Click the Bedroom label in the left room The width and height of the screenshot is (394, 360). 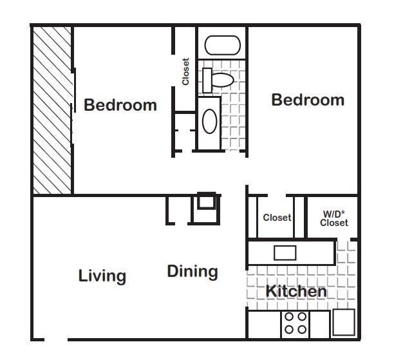click(x=120, y=105)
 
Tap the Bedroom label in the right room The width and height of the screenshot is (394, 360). click(x=308, y=100)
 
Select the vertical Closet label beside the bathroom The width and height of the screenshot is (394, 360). click(x=186, y=72)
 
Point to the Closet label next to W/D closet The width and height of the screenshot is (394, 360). click(x=277, y=218)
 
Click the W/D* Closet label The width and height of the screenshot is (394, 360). click(x=334, y=218)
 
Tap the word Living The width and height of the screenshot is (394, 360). click(x=102, y=276)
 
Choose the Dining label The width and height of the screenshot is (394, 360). click(x=192, y=271)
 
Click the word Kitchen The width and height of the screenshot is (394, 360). click(x=296, y=291)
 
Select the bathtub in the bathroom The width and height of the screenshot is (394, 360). click(x=222, y=46)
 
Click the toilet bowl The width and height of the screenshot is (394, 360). click(x=222, y=81)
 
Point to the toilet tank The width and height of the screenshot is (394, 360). click(x=207, y=80)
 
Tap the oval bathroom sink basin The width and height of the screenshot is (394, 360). click(x=210, y=120)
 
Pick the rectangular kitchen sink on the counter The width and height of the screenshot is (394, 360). click(x=285, y=252)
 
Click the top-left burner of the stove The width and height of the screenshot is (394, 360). click(x=289, y=317)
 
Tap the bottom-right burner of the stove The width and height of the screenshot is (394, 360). click(x=301, y=329)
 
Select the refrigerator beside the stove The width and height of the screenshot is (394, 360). click(x=342, y=323)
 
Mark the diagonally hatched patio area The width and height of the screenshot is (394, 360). click(x=52, y=109)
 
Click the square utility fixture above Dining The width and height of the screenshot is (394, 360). click(x=206, y=202)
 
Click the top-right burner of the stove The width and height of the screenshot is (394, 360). click(x=301, y=317)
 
